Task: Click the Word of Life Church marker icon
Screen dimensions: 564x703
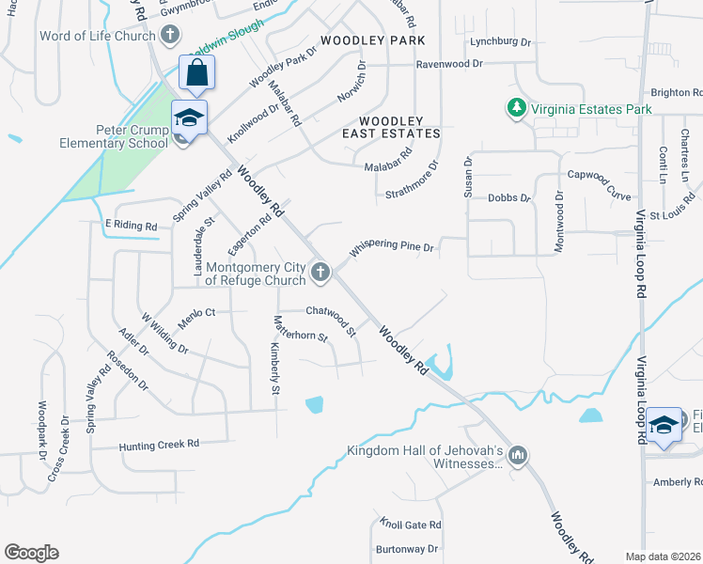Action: tap(170, 36)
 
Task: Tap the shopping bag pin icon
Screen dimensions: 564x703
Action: tap(196, 71)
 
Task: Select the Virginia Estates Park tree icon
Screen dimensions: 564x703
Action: tap(516, 109)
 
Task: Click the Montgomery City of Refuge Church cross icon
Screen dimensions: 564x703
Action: tap(320, 273)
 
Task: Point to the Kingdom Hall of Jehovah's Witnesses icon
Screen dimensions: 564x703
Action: tap(517, 457)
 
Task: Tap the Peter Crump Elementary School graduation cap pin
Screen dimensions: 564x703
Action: tap(189, 117)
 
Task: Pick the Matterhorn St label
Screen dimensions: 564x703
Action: tap(300, 328)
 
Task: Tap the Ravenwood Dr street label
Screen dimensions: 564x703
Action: tap(449, 64)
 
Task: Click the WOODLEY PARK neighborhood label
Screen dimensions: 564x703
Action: tap(372, 40)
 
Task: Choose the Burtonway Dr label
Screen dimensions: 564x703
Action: tap(407, 548)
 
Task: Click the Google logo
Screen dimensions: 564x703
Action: tap(31, 553)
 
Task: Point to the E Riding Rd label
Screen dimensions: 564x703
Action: tap(131, 225)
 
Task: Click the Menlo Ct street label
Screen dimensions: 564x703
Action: tap(196, 314)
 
